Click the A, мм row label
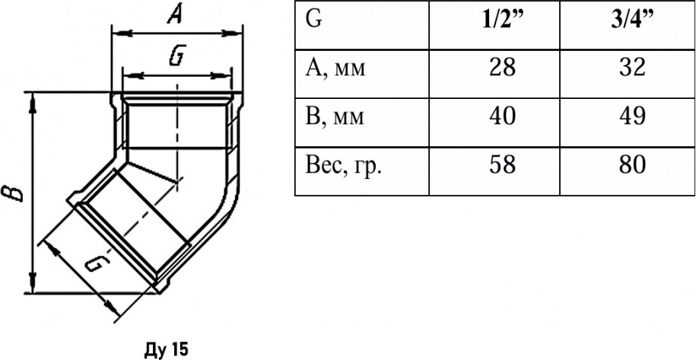pos(335,68)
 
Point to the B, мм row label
pos(334,117)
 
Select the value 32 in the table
pos(627,68)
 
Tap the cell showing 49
pos(627,116)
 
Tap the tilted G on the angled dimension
pos(97,263)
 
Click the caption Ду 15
pos(167,350)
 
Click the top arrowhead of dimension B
pos(32,102)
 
